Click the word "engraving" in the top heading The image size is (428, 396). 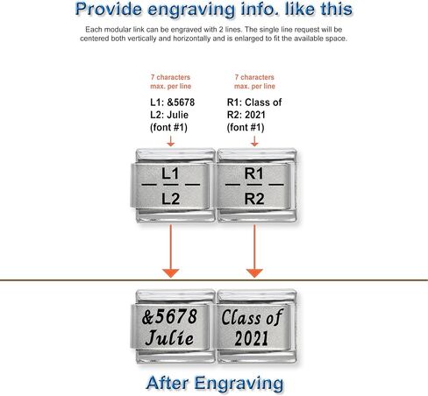[x=191, y=10]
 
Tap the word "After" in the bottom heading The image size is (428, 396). [x=167, y=383]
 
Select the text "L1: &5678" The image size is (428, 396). [x=173, y=103]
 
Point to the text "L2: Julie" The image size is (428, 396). [x=169, y=115]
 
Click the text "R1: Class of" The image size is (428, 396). [x=254, y=103]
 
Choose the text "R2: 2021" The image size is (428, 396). [x=246, y=115]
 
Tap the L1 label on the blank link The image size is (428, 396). [x=170, y=173]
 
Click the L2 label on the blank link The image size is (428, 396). [x=170, y=199]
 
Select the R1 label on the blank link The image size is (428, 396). [x=254, y=173]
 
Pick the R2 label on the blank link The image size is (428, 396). [x=254, y=199]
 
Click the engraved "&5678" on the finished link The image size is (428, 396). [x=169, y=317]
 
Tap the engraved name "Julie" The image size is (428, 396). [x=169, y=338]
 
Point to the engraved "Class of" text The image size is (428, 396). [x=252, y=317]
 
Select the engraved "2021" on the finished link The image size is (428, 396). [x=252, y=338]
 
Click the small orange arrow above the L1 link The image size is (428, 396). [x=171, y=141]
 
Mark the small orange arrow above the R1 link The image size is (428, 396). [x=254, y=141]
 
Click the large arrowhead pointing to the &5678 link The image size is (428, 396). [x=171, y=273]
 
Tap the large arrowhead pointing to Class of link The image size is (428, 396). [x=254, y=273]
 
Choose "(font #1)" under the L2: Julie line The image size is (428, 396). [x=168, y=128]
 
